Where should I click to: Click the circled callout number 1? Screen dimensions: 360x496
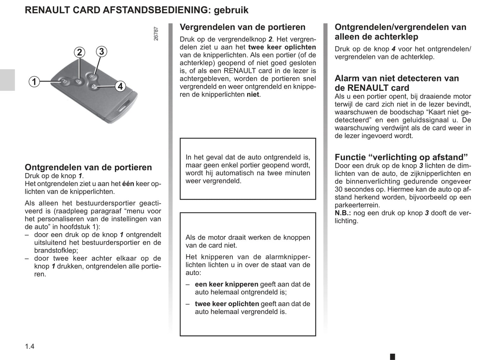[34, 82]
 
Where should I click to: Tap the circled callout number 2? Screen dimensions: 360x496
[79, 52]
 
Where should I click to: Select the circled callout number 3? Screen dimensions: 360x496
[101, 52]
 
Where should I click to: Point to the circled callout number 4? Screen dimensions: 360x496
[120, 86]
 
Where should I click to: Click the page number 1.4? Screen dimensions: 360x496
[30, 346]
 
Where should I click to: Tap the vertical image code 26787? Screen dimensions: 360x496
[156, 34]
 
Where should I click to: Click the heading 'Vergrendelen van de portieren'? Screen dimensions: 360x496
[242, 27]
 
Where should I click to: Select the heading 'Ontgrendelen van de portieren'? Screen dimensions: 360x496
[88, 167]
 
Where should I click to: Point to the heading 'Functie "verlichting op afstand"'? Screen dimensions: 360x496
[401, 157]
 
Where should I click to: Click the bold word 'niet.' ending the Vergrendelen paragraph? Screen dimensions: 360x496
[254, 94]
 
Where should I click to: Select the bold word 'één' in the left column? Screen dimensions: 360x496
[128, 184]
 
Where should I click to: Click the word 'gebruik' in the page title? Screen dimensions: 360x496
[231, 10]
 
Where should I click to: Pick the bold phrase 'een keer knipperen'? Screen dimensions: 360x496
[227, 284]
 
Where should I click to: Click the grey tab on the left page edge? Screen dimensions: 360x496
[7, 80]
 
